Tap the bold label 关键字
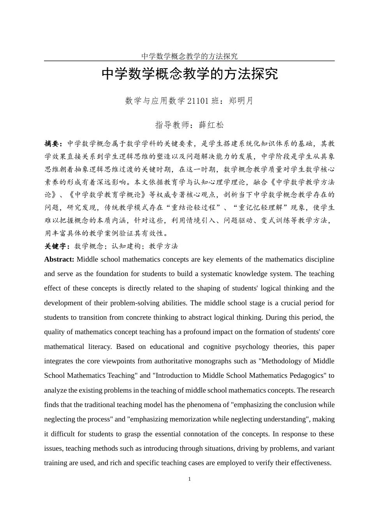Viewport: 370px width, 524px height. pyautogui.click(x=56, y=246)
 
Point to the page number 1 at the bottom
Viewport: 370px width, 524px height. pyautogui.click(x=189, y=479)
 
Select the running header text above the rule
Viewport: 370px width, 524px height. pyautogui.click(x=189, y=56)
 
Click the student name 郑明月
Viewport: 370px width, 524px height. pyautogui.click(x=241, y=101)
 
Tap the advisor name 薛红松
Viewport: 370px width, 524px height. pyautogui.click(x=211, y=125)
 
